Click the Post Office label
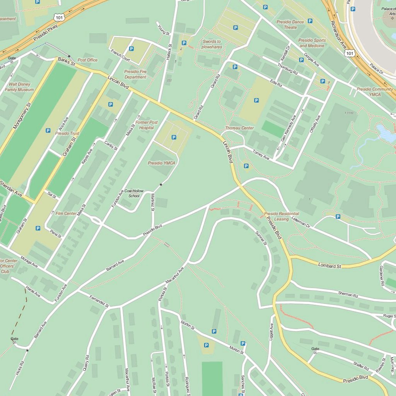[87, 60]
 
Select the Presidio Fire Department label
[135, 74]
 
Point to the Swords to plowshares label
[212, 44]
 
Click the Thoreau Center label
[239, 128]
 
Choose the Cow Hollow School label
[134, 193]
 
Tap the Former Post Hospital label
[147, 125]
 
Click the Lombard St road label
[329, 266]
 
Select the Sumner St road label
[261, 238]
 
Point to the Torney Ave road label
[261, 155]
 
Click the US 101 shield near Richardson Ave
[349, 53]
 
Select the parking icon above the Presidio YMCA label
[174, 137]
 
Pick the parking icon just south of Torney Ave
[246, 166]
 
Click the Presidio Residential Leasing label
[282, 216]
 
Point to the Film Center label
[66, 213]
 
